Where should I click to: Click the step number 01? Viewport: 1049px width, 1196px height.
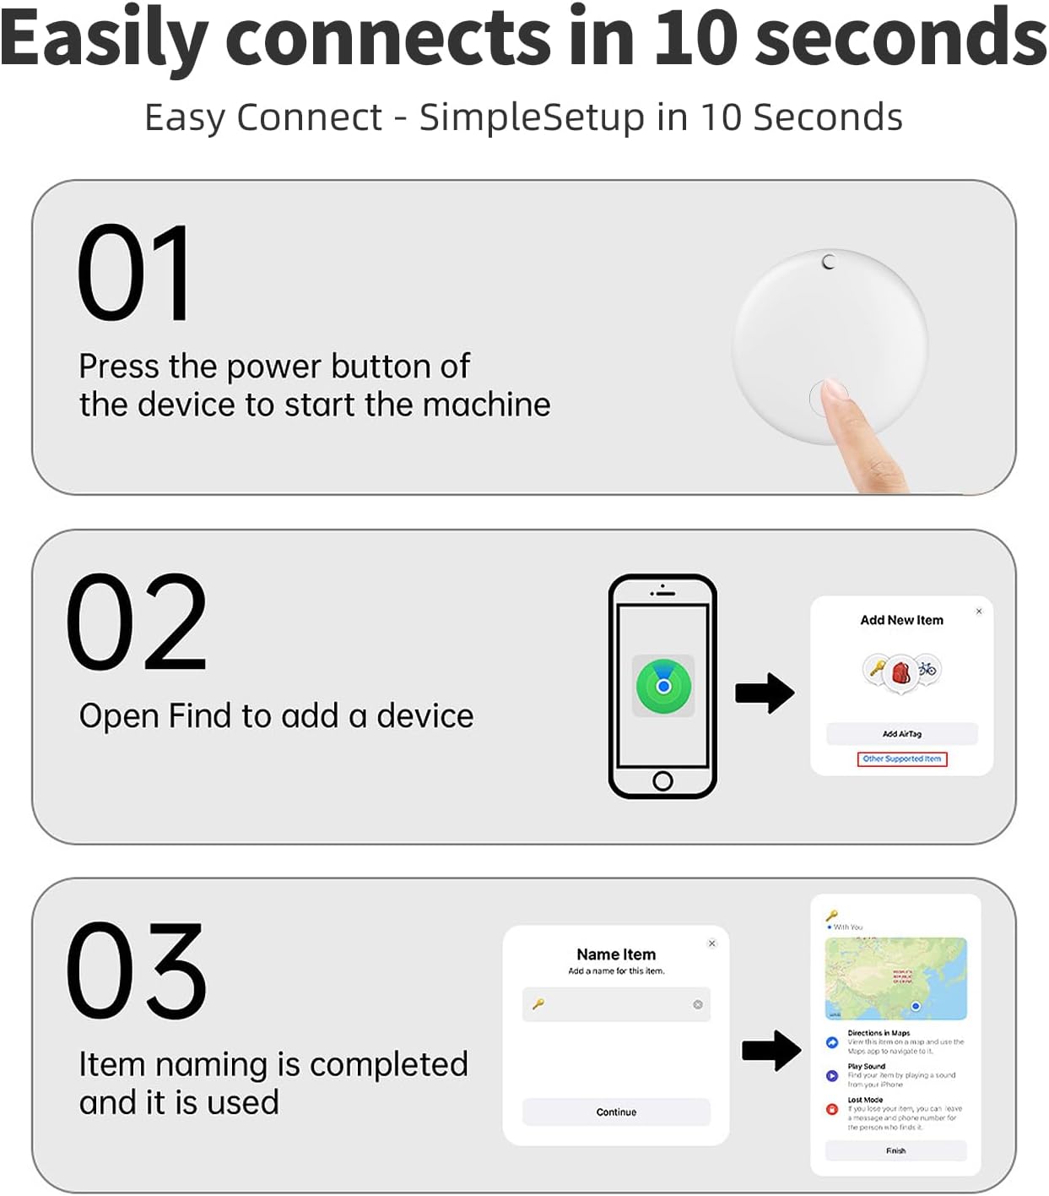click(133, 274)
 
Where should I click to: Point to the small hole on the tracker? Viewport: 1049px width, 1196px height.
click(829, 262)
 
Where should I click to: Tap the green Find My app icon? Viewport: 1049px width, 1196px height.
click(663, 686)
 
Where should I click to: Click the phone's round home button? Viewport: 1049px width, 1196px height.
click(662, 780)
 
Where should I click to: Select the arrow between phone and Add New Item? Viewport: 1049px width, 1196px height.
click(765, 693)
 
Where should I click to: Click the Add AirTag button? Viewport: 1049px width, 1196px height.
click(901, 734)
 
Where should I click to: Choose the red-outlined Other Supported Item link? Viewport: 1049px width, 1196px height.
click(901, 758)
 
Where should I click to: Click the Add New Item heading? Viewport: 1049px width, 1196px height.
click(901, 620)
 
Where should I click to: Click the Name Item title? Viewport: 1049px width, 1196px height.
click(616, 954)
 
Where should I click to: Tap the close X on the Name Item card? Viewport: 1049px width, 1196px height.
click(711, 943)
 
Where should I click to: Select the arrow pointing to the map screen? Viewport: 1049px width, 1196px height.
click(771, 1051)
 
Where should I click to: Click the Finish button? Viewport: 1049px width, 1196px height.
click(895, 1150)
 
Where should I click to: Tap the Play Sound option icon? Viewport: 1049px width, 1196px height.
click(832, 1076)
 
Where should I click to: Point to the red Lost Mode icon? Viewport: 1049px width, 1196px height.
click(832, 1109)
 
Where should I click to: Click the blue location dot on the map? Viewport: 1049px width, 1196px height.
click(916, 1006)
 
